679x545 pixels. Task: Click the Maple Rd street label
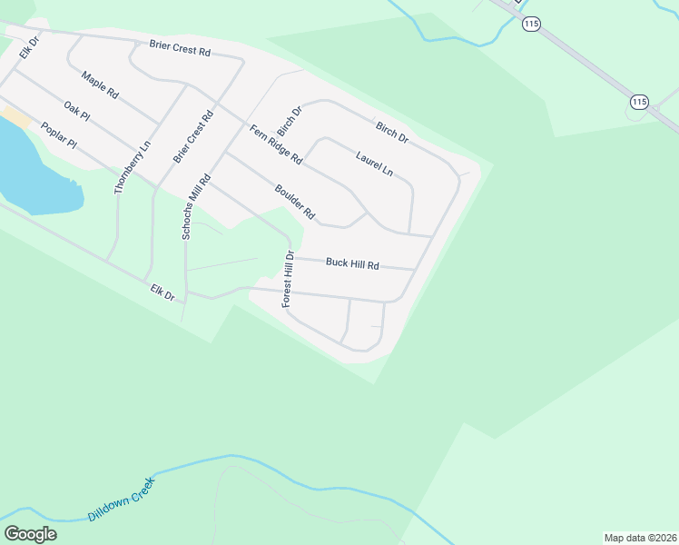100,85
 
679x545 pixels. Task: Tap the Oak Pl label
77,113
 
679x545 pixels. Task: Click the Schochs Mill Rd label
196,206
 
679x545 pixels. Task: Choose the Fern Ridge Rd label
276,144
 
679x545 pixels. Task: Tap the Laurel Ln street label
374,163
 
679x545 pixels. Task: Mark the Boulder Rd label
295,202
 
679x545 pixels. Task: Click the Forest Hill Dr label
288,279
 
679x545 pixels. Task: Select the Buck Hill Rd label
352,263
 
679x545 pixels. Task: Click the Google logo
30,534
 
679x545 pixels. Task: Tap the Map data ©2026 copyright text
640,538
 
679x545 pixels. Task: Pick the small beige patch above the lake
15,117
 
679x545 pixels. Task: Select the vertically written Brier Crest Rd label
192,138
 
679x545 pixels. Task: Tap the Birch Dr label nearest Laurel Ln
392,131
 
